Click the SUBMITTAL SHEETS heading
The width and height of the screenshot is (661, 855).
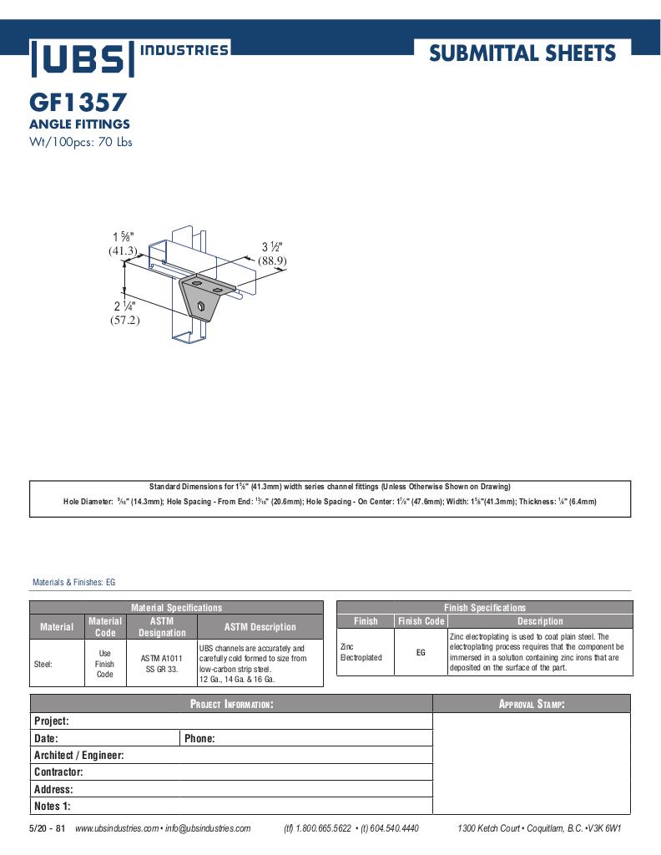522,54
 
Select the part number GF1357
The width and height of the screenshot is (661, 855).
78,103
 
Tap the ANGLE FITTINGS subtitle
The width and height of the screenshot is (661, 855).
79,124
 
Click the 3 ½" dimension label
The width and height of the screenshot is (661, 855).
272,247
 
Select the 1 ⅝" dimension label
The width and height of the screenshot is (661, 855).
123,237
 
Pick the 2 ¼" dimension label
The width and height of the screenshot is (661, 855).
124,306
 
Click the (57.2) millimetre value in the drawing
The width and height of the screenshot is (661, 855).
124,320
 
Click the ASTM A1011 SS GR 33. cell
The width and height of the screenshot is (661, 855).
161,664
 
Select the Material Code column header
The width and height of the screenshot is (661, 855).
105,626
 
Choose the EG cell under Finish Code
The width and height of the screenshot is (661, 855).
421,652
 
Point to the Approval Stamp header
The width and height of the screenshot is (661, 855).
532,704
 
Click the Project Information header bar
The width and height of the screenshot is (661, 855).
231,704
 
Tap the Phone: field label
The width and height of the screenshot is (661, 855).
199,738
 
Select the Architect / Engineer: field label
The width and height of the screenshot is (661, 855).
79,755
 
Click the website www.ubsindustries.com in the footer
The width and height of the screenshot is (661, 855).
117,828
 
